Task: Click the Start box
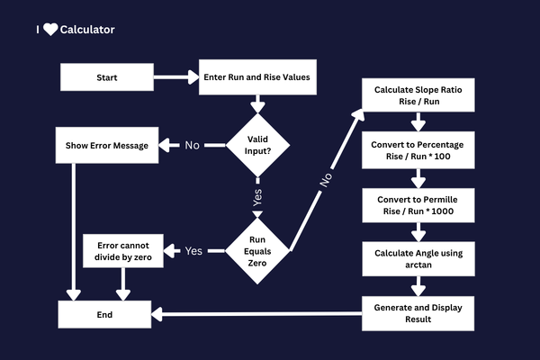[x=106, y=77]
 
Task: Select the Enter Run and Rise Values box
[x=257, y=77]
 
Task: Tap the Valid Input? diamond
[x=257, y=144]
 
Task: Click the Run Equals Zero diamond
[x=257, y=249]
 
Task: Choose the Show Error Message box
[x=107, y=145]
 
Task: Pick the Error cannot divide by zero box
[x=123, y=250]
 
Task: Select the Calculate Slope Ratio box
[x=418, y=95]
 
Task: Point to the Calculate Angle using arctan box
[x=418, y=259]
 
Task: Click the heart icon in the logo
[x=50, y=30]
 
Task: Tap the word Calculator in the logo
[x=87, y=30]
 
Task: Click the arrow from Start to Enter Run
[x=175, y=77]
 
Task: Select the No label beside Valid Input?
[x=192, y=145]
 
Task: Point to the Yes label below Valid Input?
[x=257, y=199]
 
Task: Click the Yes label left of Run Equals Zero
[x=193, y=250]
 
